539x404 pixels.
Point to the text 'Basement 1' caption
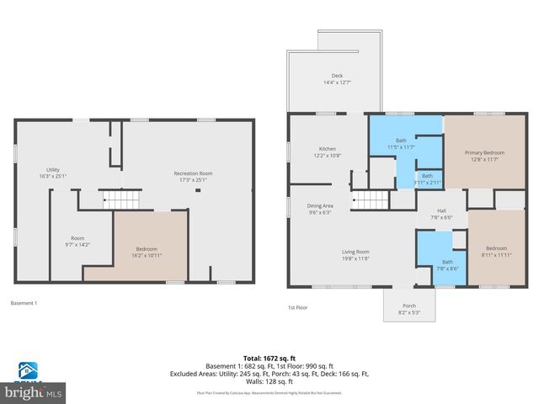point(24,303)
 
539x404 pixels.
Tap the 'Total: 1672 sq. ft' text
point(269,358)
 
